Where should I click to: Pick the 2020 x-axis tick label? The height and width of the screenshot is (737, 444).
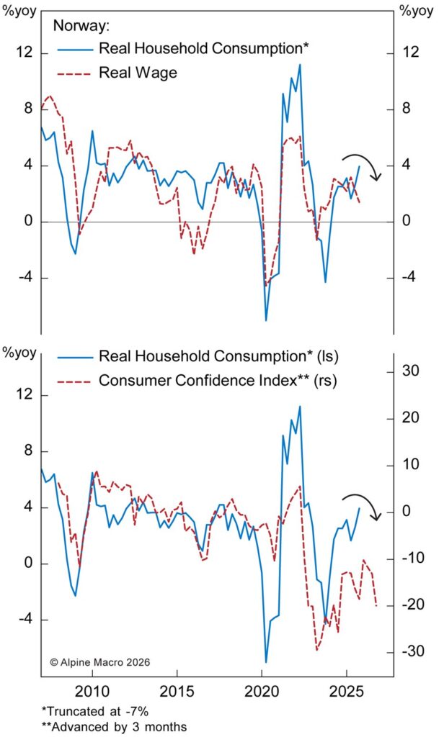pyautogui.click(x=262, y=692)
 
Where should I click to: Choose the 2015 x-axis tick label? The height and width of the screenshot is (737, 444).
pyautogui.click(x=177, y=692)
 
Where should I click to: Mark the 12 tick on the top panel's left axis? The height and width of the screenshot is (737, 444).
pyautogui.click(x=25, y=53)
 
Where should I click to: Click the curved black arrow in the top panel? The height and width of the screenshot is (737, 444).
pyautogui.click(x=364, y=165)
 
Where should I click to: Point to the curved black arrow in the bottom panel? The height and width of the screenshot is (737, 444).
pyautogui.click(x=364, y=506)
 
